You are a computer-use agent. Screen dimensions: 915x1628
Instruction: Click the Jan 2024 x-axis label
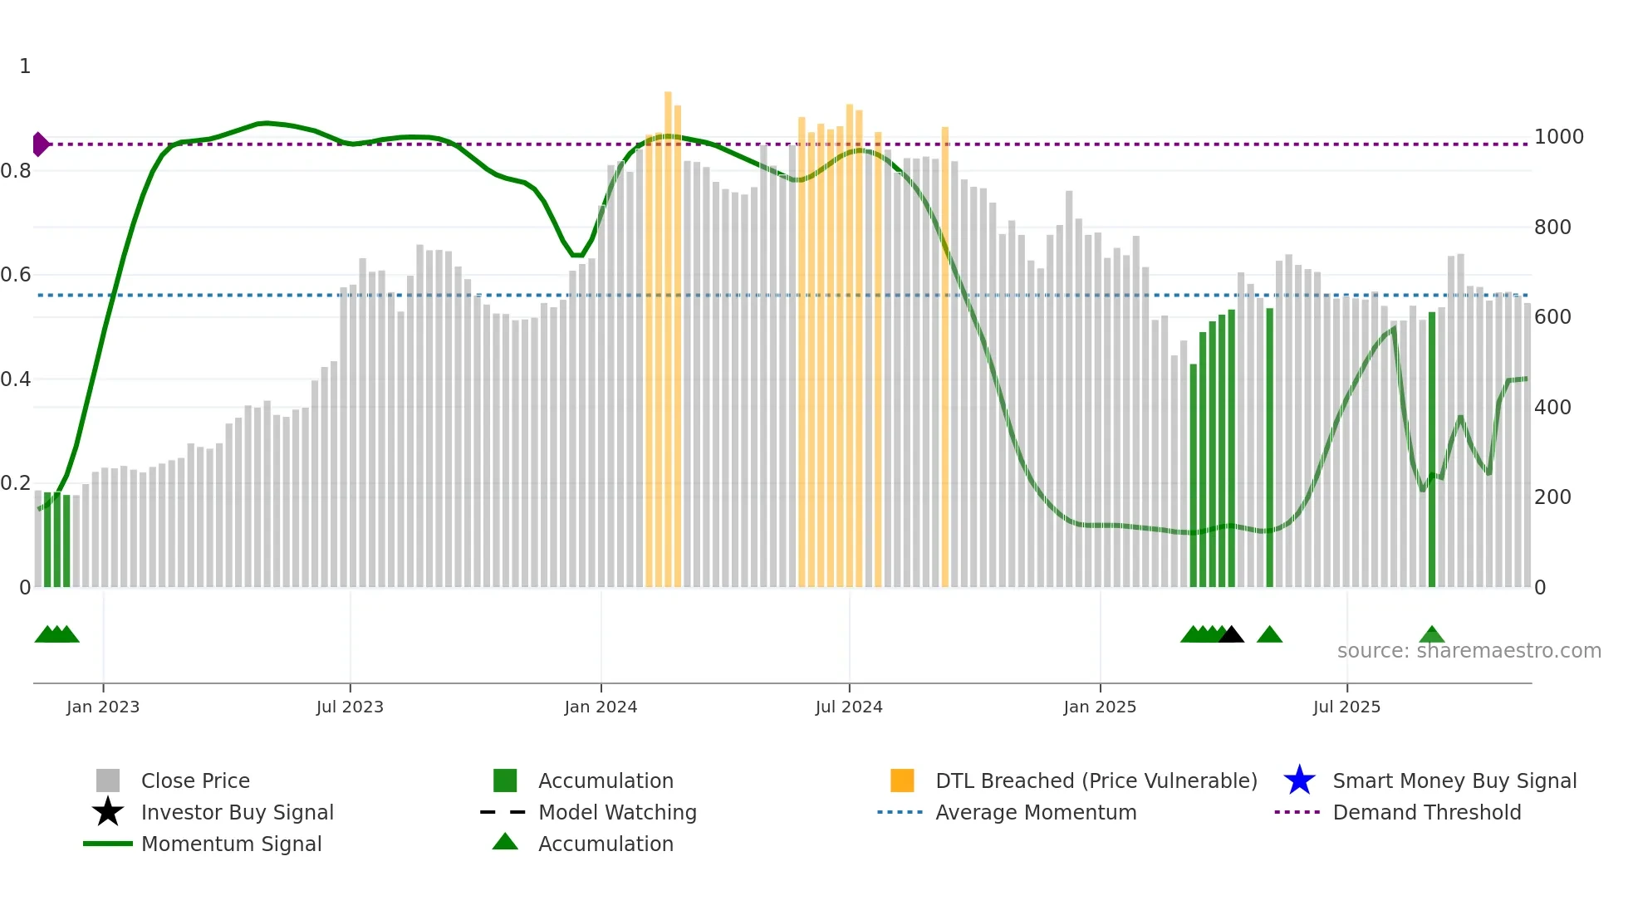(x=601, y=707)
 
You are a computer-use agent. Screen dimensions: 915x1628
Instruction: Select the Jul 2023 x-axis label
(x=350, y=707)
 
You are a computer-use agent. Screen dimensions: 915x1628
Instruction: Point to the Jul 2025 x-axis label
(x=1346, y=707)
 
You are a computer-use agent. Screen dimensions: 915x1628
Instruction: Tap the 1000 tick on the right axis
(x=1558, y=137)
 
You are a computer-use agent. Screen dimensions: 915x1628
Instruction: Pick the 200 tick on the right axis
(x=1552, y=497)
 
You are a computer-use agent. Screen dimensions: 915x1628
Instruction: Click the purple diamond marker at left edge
(x=40, y=144)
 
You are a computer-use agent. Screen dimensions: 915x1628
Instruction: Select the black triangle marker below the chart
(x=1231, y=635)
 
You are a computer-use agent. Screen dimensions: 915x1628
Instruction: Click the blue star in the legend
(x=1299, y=780)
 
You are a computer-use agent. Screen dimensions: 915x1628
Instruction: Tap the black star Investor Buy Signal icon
(x=108, y=812)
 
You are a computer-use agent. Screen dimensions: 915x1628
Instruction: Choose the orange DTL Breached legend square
(x=902, y=780)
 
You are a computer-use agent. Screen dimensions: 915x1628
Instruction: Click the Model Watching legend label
(x=617, y=812)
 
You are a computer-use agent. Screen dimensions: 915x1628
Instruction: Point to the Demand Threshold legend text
(x=1426, y=812)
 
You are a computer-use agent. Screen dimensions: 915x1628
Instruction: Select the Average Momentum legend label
(x=1036, y=812)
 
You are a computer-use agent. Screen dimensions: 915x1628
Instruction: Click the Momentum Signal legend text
(x=231, y=844)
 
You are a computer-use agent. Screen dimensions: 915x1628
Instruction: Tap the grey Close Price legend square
(x=108, y=780)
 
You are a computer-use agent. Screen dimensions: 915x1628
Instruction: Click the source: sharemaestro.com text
(x=1469, y=651)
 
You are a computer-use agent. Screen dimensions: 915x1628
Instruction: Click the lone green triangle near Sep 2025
(x=1432, y=635)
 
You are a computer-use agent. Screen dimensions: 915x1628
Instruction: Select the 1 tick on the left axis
(x=25, y=66)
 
